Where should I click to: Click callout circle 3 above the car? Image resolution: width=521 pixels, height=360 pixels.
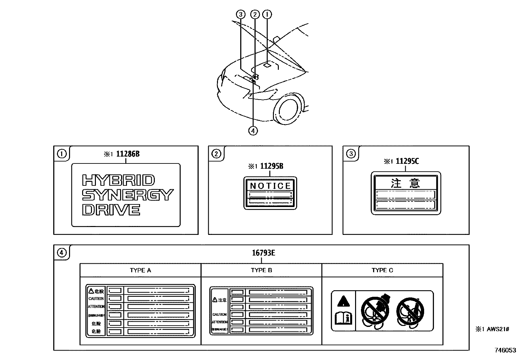[241, 14]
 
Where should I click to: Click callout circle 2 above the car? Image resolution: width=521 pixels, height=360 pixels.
[255, 14]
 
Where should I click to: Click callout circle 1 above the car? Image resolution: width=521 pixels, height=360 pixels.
[267, 14]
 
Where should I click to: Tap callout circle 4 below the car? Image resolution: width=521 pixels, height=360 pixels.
[253, 131]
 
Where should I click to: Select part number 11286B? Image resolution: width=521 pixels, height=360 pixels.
[128, 154]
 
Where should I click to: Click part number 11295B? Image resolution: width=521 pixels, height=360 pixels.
[272, 166]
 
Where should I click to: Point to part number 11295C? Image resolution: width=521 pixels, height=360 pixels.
[407, 161]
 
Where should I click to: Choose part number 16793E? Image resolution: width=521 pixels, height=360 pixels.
[263, 253]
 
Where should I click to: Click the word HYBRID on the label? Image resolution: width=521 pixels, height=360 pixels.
[118, 180]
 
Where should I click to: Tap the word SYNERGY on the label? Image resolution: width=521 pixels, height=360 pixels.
[127, 195]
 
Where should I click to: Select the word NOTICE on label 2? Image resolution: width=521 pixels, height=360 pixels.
[270, 186]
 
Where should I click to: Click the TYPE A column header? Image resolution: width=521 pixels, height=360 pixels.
[140, 270]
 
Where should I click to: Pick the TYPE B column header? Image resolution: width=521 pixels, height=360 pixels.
[261, 270]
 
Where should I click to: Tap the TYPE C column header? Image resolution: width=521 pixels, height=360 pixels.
[382, 270]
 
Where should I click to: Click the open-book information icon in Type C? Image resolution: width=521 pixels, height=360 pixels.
[343, 318]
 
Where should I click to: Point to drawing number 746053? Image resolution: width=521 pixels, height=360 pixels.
[505, 350]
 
